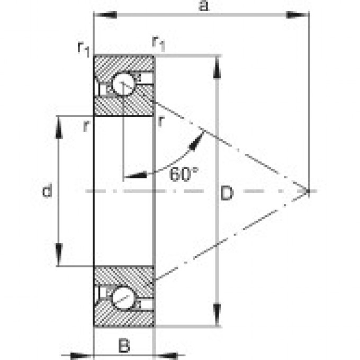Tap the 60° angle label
click(184, 174)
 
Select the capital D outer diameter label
click(226, 194)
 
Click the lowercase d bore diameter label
click(47, 191)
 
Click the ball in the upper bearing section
click(123, 85)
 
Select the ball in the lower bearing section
click(123, 297)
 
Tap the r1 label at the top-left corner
click(84, 48)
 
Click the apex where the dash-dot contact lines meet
click(307, 191)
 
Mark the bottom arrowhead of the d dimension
click(59, 254)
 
